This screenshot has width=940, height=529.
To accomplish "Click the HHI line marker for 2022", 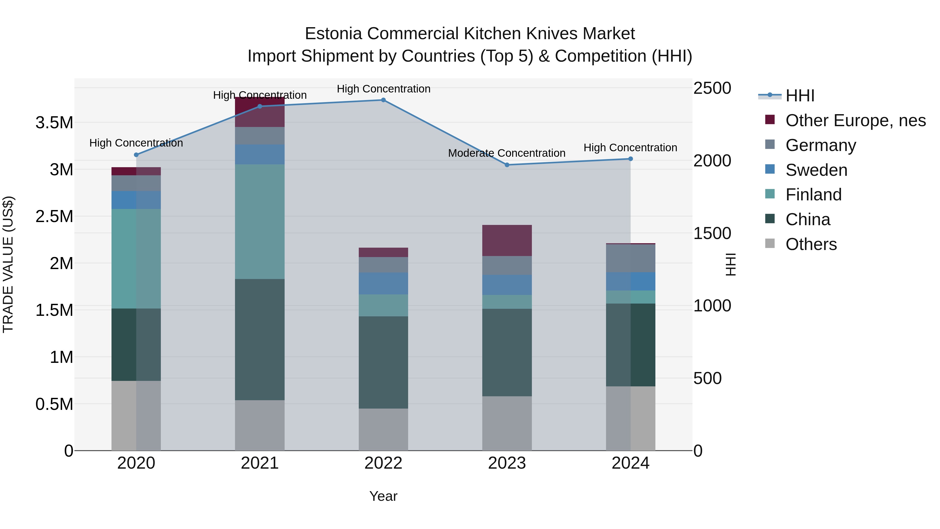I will click(383, 100).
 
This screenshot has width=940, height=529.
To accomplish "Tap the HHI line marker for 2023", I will click(507, 165).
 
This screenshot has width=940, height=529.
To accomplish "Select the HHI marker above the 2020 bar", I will click(136, 155).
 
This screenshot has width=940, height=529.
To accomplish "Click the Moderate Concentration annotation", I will click(507, 153).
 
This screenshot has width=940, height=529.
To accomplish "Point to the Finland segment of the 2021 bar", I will click(260, 222).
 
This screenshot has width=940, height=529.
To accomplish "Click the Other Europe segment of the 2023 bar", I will click(507, 241).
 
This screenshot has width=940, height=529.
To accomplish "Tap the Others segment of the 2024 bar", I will click(631, 418).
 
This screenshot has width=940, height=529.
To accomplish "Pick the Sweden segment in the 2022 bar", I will click(383, 284).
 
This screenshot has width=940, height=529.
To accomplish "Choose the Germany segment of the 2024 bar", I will click(631, 258).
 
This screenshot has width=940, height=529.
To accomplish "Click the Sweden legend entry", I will click(816, 170).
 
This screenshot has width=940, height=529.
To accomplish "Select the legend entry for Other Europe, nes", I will click(855, 120).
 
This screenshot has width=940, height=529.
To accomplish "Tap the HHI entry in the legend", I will click(800, 96).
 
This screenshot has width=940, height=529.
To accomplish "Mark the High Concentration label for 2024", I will click(630, 148).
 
